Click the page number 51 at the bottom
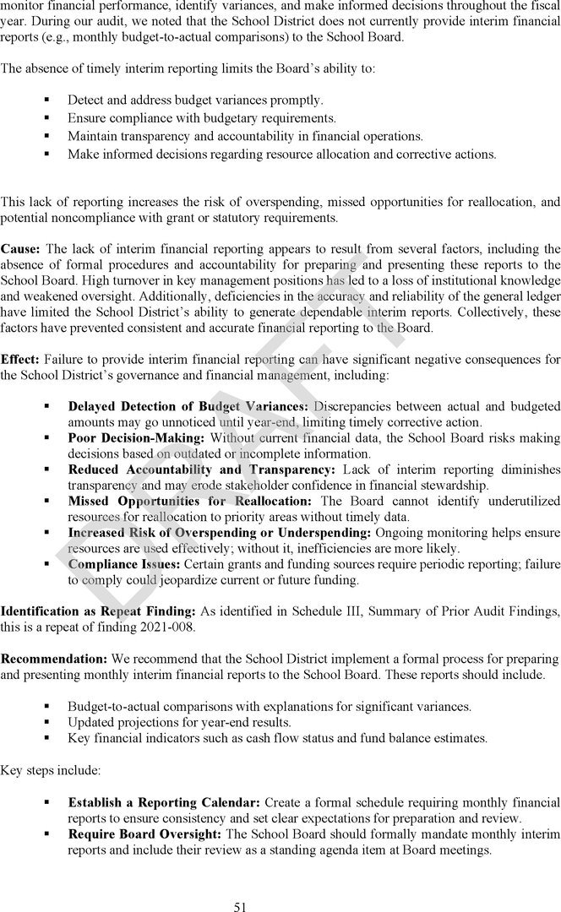tap(240, 884)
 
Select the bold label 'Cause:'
tap(20, 249)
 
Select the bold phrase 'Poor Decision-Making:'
tap(136, 438)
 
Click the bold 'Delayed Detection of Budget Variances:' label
tap(188, 407)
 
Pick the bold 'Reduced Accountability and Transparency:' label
tap(201, 470)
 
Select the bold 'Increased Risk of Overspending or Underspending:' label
tap(219, 532)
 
